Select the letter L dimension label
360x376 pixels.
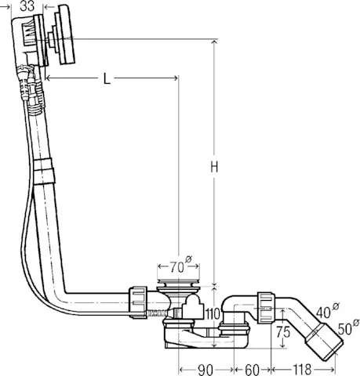pyautogui.click(x=106, y=78)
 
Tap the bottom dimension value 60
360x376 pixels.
pyautogui.click(x=251, y=369)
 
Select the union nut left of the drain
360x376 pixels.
pyautogui.click(x=138, y=301)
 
